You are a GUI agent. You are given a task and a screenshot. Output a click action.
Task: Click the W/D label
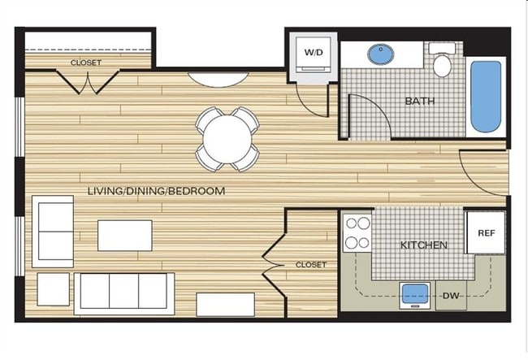pyautogui.click(x=313, y=53)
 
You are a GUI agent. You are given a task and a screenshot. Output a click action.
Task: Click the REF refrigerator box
pyautogui.click(x=485, y=233)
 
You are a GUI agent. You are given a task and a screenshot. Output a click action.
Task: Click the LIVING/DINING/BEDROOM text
pyautogui.click(x=156, y=191)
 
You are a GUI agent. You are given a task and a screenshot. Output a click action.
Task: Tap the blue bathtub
pyautogui.click(x=485, y=97)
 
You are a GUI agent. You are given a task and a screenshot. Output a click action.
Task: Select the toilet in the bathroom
pyautogui.click(x=442, y=63)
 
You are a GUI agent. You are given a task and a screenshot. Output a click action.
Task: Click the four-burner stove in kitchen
pyautogui.click(x=357, y=232)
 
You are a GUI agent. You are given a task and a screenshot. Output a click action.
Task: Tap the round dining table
pyautogui.click(x=227, y=139)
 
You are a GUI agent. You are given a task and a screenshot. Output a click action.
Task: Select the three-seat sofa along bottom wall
pyautogui.click(x=123, y=293)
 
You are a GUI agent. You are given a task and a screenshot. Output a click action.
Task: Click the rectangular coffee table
pyautogui.click(x=124, y=235)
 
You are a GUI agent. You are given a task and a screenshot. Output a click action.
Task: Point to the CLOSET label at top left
pyautogui.click(x=85, y=62)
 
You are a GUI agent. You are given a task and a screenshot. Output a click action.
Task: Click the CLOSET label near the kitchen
pyautogui.click(x=310, y=265)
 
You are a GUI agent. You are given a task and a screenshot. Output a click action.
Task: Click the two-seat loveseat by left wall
pyautogui.click(x=52, y=231)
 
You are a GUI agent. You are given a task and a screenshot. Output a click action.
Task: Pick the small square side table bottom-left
pyautogui.click(x=53, y=288)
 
